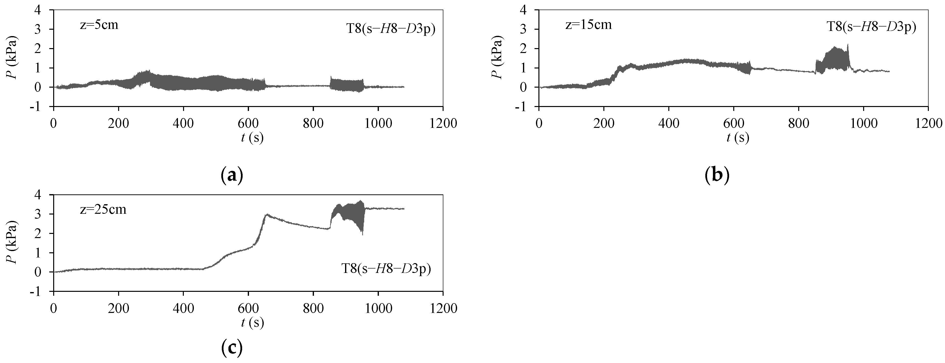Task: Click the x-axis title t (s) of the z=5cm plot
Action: click(252, 137)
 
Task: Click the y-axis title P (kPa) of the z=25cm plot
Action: click(11, 242)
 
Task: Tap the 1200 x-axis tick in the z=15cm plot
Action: click(928, 123)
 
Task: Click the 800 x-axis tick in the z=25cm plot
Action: click(313, 308)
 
